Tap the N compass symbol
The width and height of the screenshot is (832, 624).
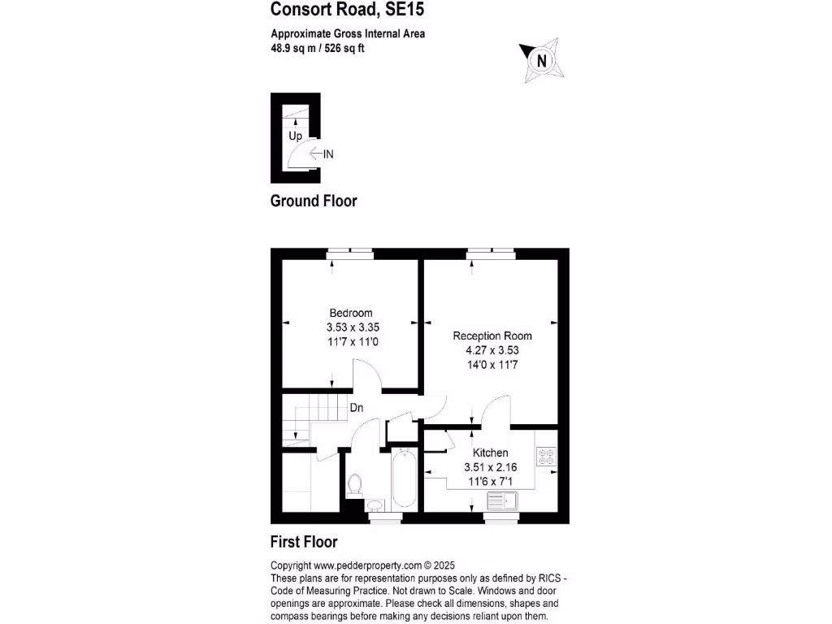coord(541,60)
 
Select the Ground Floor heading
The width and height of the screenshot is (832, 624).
coord(313,201)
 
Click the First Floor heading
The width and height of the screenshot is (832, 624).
coord(303,542)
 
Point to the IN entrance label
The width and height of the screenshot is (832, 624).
coord(328,154)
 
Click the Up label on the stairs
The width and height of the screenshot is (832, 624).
coord(296,136)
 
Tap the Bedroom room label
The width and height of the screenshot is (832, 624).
coord(351,314)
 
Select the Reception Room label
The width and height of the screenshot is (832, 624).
coord(492,336)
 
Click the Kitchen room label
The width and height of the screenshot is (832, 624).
coord(491,453)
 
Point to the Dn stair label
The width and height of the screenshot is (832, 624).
coord(357,408)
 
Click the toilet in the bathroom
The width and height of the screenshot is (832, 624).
coord(354,485)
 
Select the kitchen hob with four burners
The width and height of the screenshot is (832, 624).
coord(545,457)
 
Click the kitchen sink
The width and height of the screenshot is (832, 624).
coord(501,499)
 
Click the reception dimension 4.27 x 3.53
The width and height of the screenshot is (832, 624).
coord(492,351)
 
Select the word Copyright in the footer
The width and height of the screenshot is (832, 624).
coord(290,565)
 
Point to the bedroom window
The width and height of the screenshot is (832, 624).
coord(350,253)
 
